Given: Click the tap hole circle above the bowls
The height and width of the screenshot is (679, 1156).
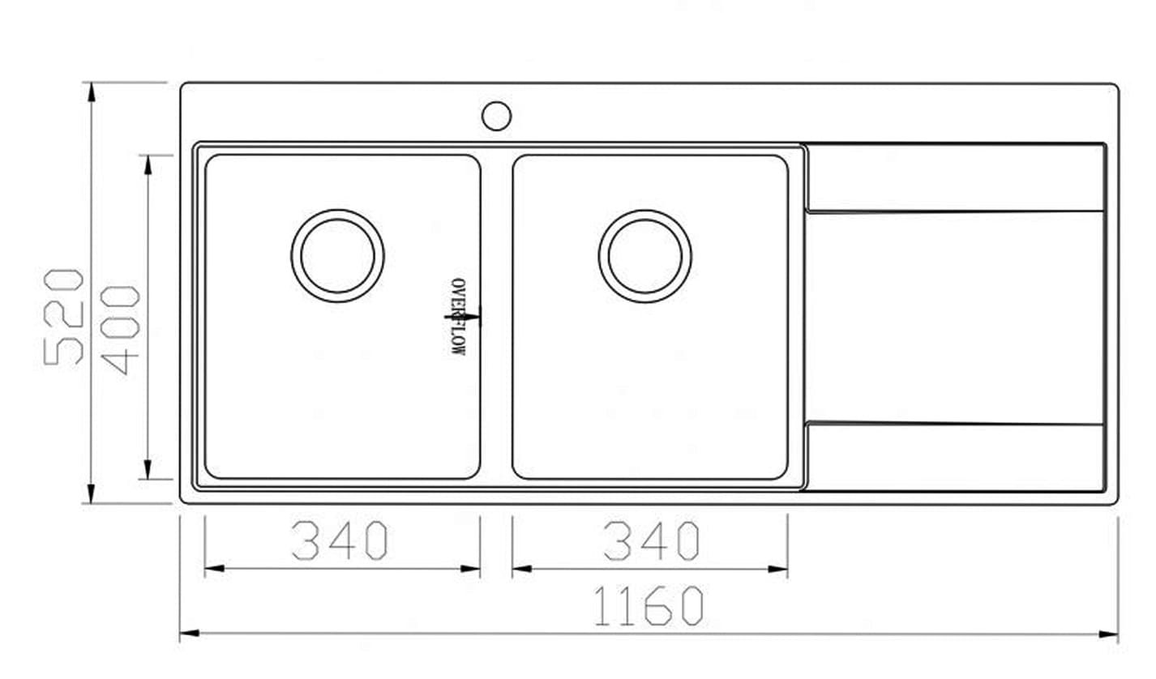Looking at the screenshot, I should pyautogui.click(x=496, y=115).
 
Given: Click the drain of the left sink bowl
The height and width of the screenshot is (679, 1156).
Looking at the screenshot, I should pyautogui.click(x=337, y=256).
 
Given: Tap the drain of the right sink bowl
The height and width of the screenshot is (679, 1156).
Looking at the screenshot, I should pyautogui.click(x=645, y=256).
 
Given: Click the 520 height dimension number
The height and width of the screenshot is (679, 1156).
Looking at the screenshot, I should pyautogui.click(x=64, y=316).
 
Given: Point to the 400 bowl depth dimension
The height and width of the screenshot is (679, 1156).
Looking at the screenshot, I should pyautogui.click(x=122, y=329).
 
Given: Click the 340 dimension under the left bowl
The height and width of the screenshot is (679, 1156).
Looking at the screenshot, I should pyautogui.click(x=340, y=540).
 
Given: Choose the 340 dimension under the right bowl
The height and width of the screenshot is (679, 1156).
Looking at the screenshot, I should pyautogui.click(x=651, y=540).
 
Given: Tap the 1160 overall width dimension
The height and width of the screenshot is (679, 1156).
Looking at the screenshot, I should pyautogui.click(x=649, y=606).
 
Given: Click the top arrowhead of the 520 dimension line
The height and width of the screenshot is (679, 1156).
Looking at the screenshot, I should pyautogui.click(x=91, y=92).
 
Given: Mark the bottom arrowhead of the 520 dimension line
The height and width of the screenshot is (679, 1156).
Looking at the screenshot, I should pyautogui.click(x=91, y=493).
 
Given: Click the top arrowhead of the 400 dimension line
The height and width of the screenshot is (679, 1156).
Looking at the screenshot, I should pyautogui.click(x=148, y=164).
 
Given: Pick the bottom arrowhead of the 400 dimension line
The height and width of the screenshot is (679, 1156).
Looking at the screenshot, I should pyautogui.click(x=148, y=470).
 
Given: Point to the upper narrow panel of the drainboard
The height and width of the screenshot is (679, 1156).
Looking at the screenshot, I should pyautogui.click(x=955, y=178).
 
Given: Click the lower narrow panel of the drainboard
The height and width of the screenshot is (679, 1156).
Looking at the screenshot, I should pyautogui.click(x=955, y=456).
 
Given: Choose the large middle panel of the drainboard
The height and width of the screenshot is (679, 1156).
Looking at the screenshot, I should pyautogui.click(x=955, y=317).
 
